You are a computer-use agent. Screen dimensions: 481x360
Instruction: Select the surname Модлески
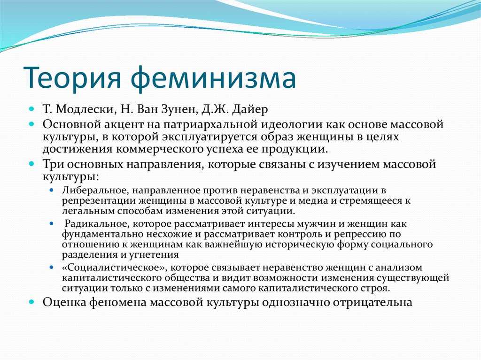[85, 109]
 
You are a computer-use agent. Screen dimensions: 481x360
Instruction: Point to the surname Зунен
[179, 109]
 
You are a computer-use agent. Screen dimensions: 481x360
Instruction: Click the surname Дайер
[250, 109]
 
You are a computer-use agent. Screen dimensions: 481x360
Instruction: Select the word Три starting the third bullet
[54, 164]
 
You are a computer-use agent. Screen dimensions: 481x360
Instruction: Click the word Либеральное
[95, 191]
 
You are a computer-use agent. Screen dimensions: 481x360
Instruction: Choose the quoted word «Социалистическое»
[115, 268]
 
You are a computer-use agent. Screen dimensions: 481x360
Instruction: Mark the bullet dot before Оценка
[32, 302]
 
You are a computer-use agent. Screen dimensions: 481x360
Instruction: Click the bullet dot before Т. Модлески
[32, 109]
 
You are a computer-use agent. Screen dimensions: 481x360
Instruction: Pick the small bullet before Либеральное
[52, 191]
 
